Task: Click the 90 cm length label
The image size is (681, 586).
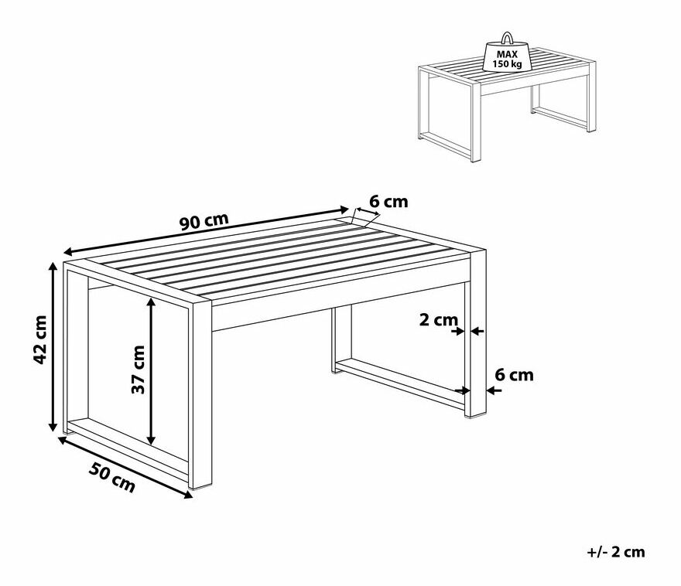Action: point(204,221)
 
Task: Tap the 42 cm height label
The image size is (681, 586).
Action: point(40,339)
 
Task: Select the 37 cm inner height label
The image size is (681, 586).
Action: point(139,370)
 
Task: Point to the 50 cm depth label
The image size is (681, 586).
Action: point(112,477)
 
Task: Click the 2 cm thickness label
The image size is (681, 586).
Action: point(439,320)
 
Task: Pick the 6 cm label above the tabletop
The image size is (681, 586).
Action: point(388,202)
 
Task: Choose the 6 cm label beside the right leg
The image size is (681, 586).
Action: point(514,375)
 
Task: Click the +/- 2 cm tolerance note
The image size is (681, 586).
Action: point(616,552)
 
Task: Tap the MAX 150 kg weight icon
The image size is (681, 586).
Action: point(507,55)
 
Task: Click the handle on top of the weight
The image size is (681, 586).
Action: point(507,38)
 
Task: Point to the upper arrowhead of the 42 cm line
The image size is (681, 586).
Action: point(53,266)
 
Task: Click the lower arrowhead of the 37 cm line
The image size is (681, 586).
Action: point(151,441)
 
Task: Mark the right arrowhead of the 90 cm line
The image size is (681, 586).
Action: point(344,210)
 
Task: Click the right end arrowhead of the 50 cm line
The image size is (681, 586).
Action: point(187,495)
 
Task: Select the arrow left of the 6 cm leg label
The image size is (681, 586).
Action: point(494,390)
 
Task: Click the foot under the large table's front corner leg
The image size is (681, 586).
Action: point(200,489)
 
